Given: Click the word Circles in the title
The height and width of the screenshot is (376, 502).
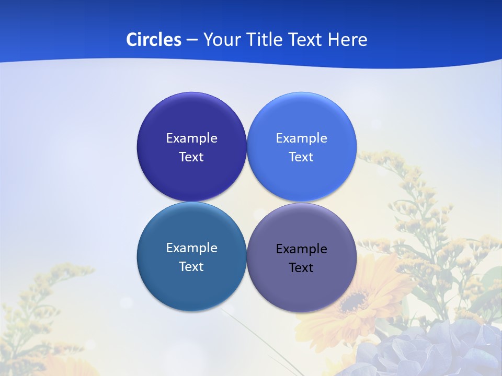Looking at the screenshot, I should [x=153, y=40].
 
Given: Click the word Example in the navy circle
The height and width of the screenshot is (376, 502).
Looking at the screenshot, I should [x=191, y=138].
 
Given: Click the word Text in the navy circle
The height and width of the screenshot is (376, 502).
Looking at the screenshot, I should [x=191, y=157].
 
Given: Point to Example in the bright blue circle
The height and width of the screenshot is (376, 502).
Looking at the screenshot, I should [x=302, y=138].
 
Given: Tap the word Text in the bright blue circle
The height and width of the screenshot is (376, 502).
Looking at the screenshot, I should [x=302, y=157].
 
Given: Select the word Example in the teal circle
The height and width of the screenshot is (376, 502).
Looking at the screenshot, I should [x=191, y=248].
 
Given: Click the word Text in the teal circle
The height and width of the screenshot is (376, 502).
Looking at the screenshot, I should [x=191, y=267].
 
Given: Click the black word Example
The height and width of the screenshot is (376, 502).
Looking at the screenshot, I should [x=302, y=249].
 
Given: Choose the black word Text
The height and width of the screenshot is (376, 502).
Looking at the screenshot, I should [x=302, y=268].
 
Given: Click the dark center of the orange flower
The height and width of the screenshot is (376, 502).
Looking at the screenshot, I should [x=356, y=301].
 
